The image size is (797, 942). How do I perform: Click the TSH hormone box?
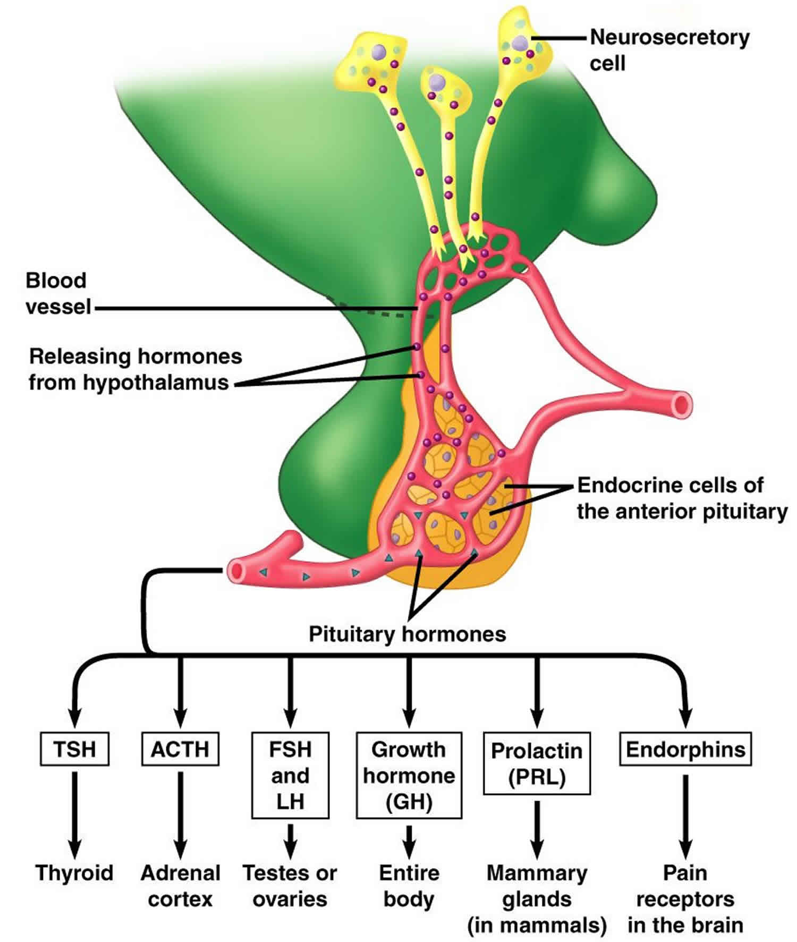click(x=74, y=749)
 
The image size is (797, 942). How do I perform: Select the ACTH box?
click(x=180, y=749)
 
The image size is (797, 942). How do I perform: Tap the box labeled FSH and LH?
click(x=290, y=775)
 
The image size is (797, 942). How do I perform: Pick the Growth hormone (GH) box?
click(x=409, y=775)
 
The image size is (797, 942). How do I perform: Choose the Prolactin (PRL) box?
click(x=537, y=763)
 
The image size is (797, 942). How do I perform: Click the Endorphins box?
click(x=685, y=749)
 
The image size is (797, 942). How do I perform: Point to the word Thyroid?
click(x=74, y=873)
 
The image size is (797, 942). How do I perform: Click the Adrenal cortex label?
click(x=180, y=886)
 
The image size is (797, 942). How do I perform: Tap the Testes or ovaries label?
click(x=290, y=886)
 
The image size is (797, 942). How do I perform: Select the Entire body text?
click(x=409, y=886)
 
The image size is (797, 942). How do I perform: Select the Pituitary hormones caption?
click(x=407, y=634)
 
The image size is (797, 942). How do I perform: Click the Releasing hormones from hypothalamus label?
click(x=135, y=369)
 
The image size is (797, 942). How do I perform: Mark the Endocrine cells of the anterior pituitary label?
click(x=681, y=498)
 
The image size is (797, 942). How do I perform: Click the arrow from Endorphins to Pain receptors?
click(x=685, y=816)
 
